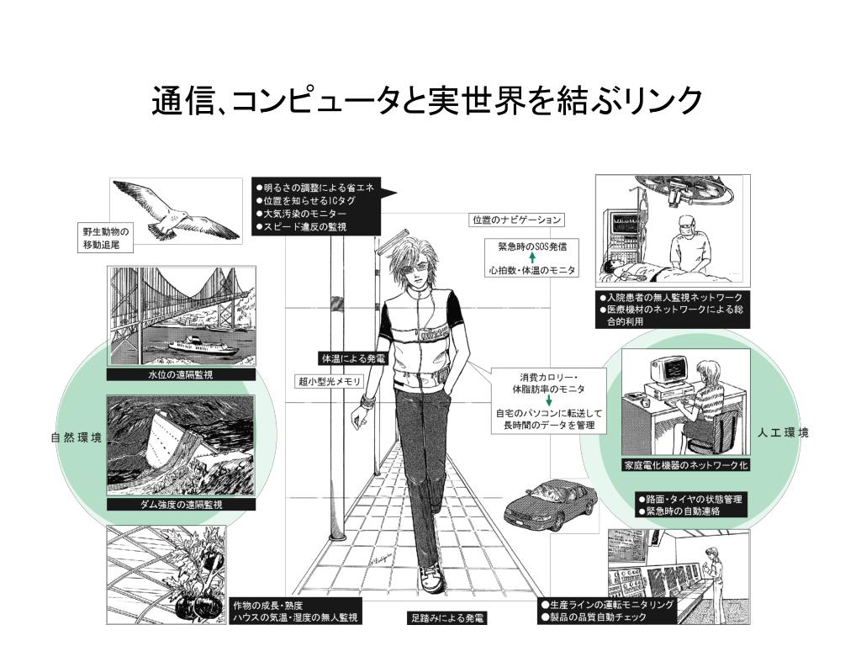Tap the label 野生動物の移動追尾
coord(106,238)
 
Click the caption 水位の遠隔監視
coord(181,375)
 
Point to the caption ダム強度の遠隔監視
coord(181,505)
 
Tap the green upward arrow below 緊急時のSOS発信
coord(531,258)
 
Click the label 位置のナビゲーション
coord(516,220)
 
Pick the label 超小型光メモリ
coord(329,381)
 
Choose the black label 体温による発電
coord(351,357)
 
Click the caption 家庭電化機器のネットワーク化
coord(685,464)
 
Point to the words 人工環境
coord(782,432)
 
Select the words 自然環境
coord(76,437)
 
